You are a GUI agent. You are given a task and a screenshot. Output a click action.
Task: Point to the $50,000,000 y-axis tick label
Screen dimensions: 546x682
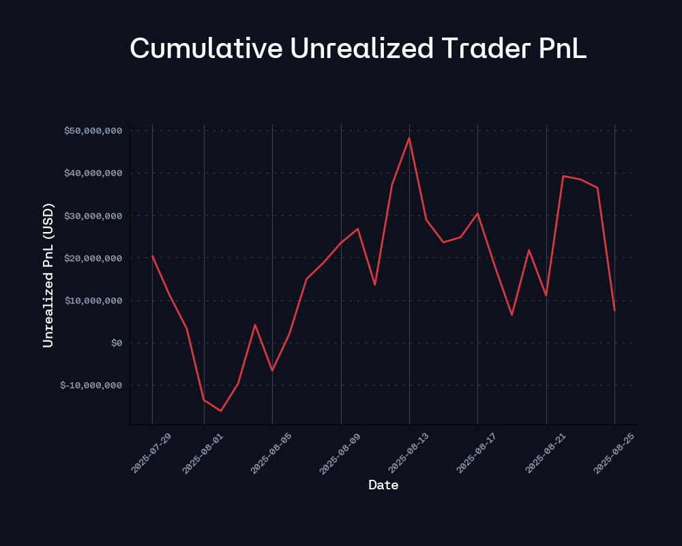coord(93,130)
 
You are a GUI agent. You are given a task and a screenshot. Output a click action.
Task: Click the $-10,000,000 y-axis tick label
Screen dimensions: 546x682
coord(91,385)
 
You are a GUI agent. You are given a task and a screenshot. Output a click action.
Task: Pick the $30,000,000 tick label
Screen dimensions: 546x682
coord(93,216)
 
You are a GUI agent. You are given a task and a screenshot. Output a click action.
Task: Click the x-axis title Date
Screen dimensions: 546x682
coord(383,485)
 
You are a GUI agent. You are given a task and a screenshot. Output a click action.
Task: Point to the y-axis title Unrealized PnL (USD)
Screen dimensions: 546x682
coord(48,275)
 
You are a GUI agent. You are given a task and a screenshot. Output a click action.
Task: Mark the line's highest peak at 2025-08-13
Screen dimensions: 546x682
coord(409,138)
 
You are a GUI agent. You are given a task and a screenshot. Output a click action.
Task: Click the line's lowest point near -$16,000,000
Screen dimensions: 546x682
coord(221,411)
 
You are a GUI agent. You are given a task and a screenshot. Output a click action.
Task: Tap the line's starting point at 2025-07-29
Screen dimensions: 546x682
coord(152,256)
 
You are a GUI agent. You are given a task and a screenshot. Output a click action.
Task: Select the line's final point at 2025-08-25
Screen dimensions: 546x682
coord(614,311)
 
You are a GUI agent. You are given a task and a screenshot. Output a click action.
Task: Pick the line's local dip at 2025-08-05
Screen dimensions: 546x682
coord(272,371)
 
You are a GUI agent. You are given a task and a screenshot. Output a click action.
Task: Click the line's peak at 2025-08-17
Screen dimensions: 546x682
coord(477,214)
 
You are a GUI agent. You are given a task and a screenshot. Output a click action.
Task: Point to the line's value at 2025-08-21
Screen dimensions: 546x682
coord(546,295)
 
